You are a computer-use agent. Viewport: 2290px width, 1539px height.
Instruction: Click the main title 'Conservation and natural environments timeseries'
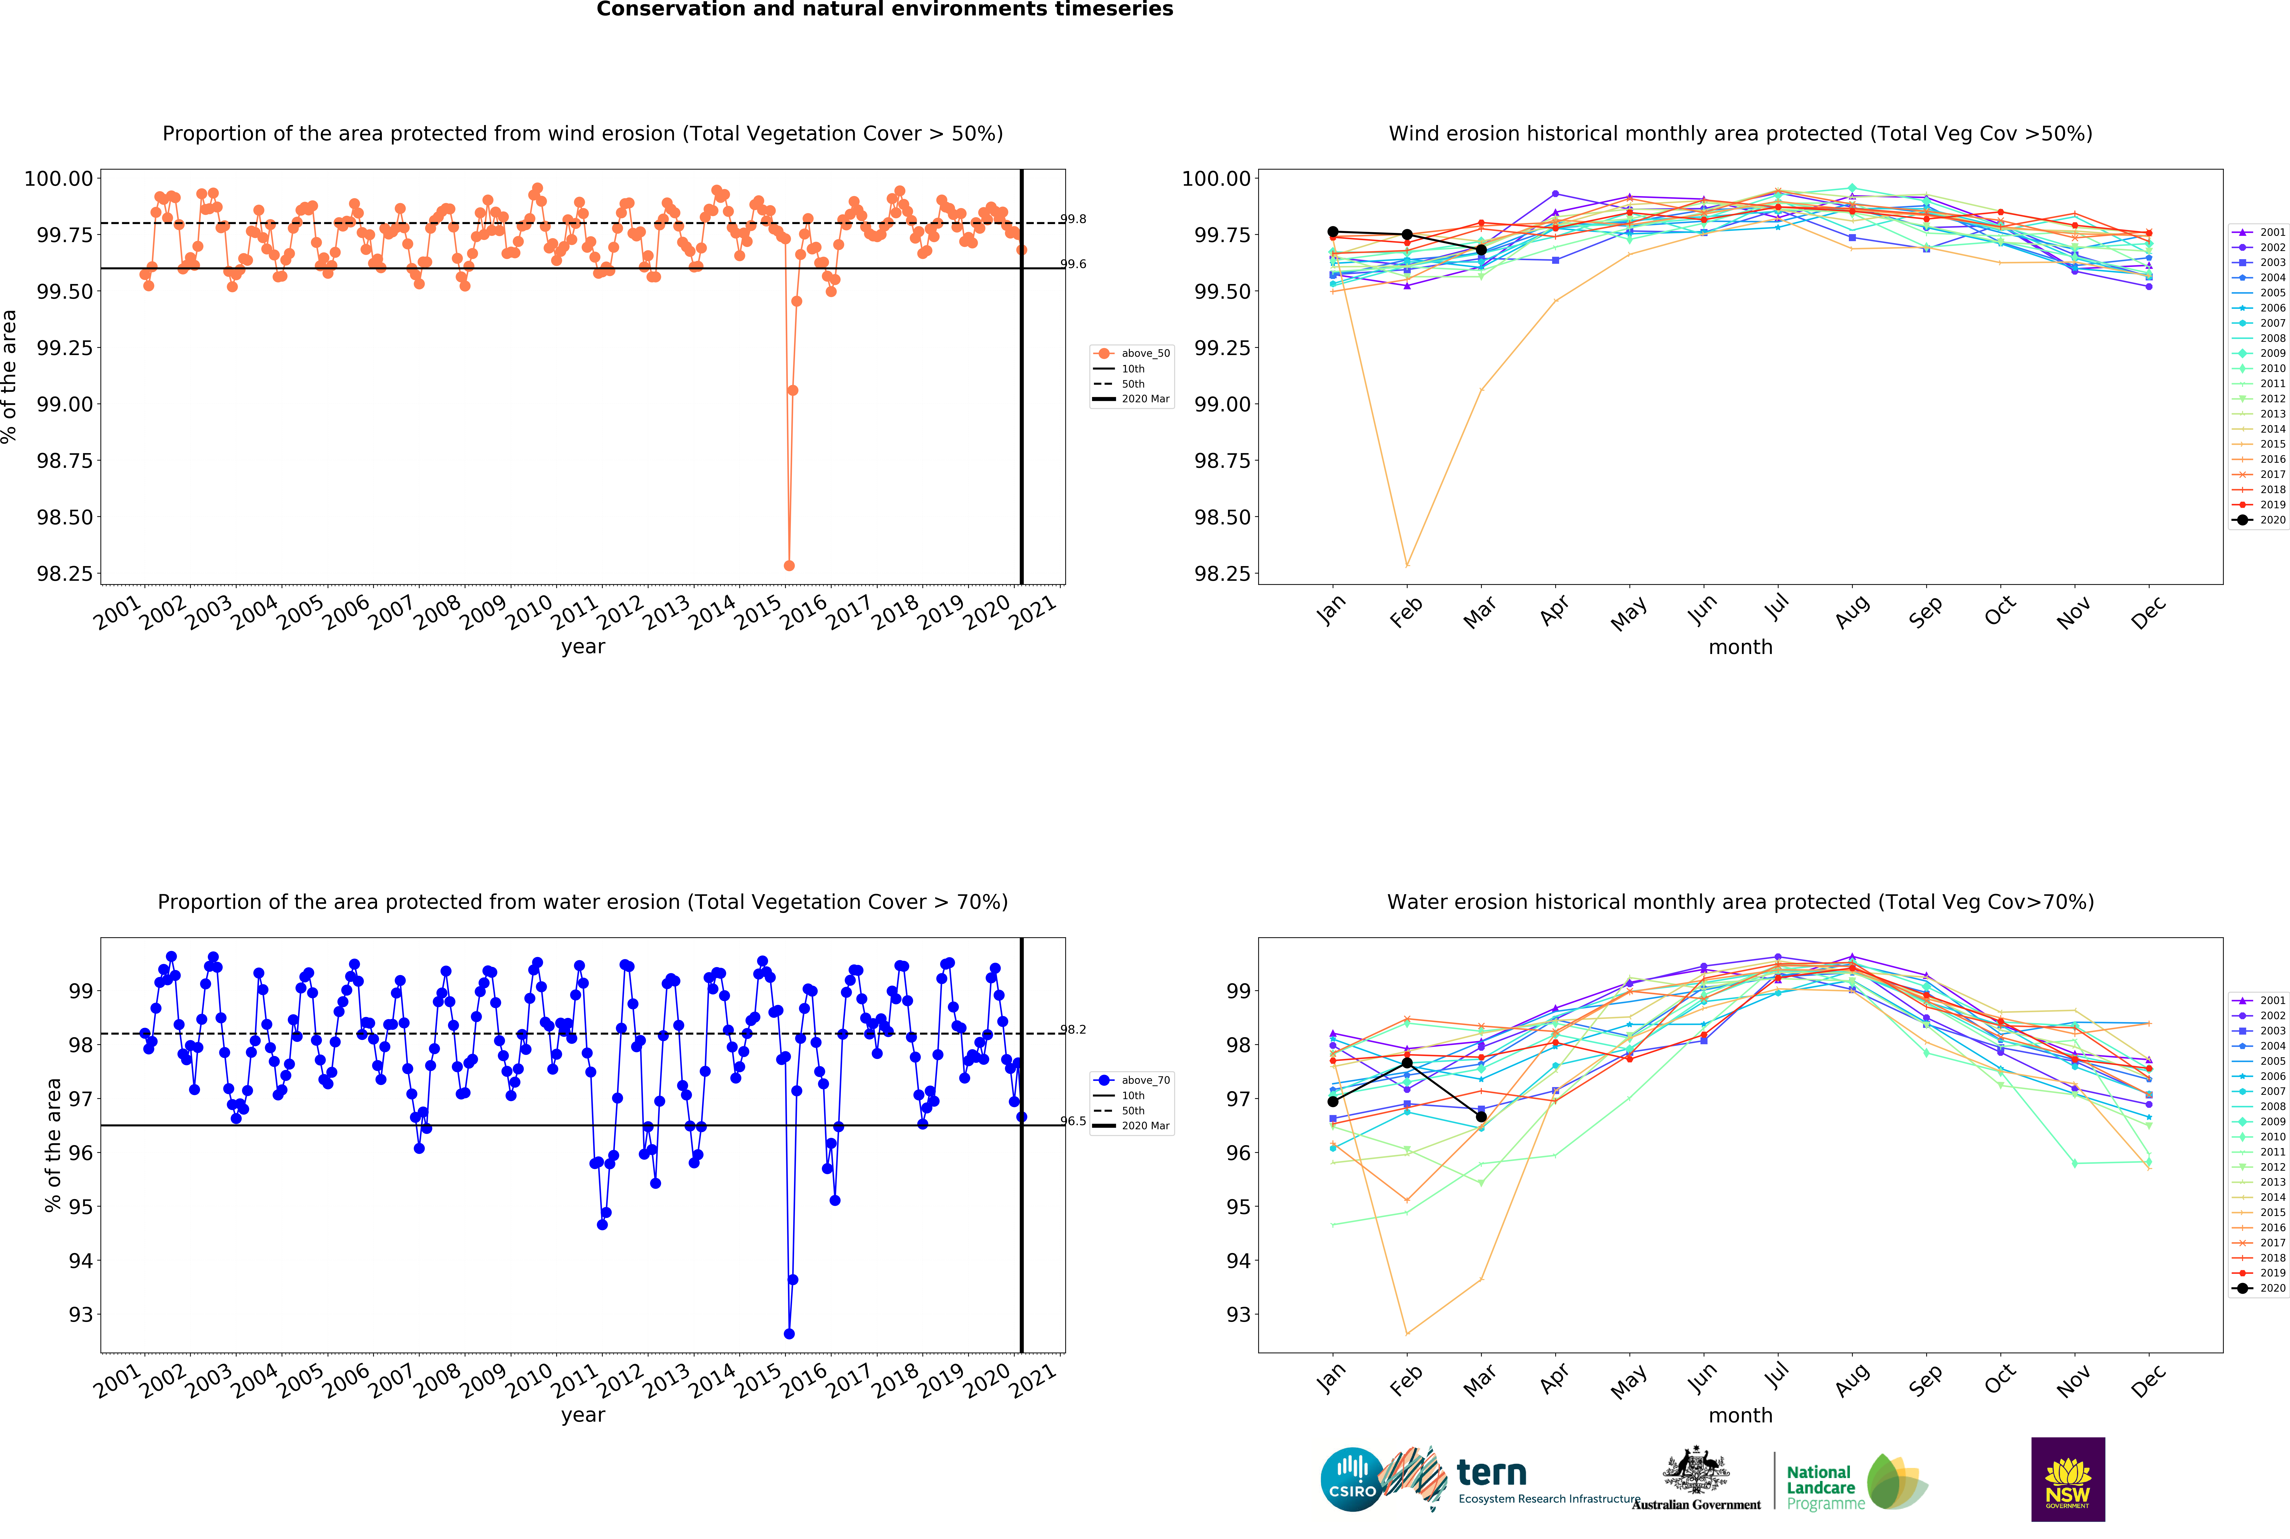click(x=884, y=10)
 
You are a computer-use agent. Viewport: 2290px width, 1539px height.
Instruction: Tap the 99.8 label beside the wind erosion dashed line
click(x=1073, y=219)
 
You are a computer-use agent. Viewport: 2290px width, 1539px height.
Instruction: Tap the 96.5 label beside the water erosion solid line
click(x=1073, y=1121)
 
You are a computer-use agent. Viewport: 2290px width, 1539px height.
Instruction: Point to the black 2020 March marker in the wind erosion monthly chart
click(x=1481, y=250)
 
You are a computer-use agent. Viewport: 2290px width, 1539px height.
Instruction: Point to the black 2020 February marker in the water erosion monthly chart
click(x=1407, y=1063)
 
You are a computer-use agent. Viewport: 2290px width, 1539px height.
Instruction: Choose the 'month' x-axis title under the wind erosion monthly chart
click(x=1740, y=647)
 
